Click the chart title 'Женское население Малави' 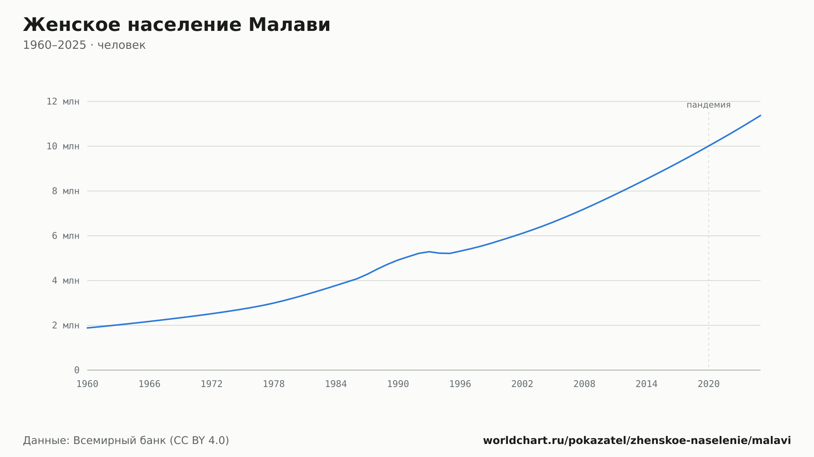tap(177, 25)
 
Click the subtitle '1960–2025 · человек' tap(84, 45)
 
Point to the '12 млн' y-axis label tap(63, 102)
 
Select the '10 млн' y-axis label tap(63, 146)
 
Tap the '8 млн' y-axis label tap(66, 191)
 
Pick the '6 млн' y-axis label tap(66, 236)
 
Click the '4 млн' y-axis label tap(66, 281)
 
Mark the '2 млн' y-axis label tap(66, 325)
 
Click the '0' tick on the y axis tap(77, 370)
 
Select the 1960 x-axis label tap(88, 384)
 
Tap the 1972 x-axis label tap(212, 384)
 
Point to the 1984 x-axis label tap(336, 384)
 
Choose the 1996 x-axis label tap(460, 384)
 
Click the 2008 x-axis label tap(584, 384)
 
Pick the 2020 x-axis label tap(709, 384)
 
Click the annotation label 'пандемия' tap(709, 105)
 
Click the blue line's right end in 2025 tap(760, 115)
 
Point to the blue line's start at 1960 tap(88, 328)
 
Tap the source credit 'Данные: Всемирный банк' tap(95, 440)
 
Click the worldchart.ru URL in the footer tap(637, 441)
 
